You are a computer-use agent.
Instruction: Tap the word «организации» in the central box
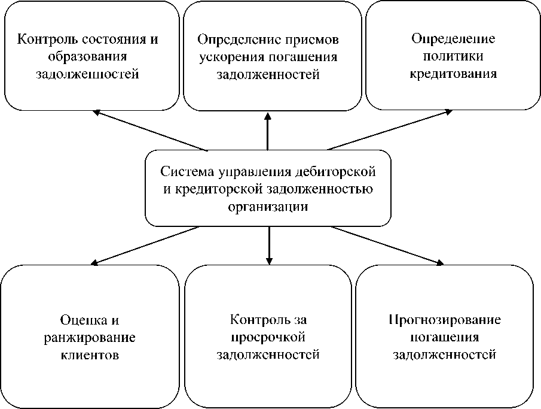[x=268, y=206]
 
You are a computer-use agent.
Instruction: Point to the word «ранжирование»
[x=90, y=337]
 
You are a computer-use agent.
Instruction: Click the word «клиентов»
[x=90, y=354]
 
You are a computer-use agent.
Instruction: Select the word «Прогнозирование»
[x=445, y=320]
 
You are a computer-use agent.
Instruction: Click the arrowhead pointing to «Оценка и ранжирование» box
[x=94, y=262]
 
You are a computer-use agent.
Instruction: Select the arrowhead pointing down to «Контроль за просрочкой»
[x=269, y=261]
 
